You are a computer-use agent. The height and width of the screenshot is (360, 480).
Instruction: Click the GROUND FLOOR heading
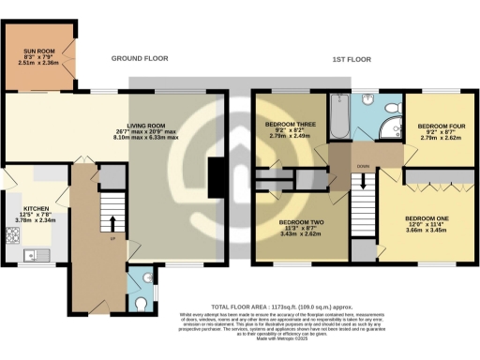(140, 58)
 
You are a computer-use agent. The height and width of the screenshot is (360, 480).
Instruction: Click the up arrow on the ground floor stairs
(112, 224)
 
